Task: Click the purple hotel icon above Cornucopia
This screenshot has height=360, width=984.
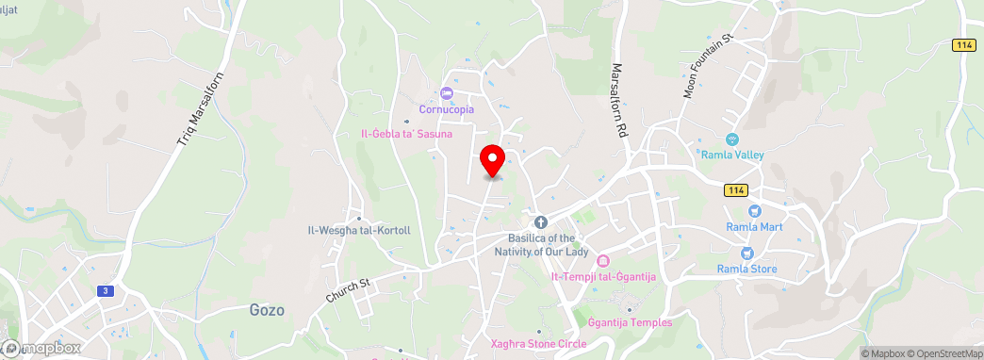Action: pyautogui.click(x=447, y=92)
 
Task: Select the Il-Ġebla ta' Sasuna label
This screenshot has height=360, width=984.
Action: pyautogui.click(x=407, y=134)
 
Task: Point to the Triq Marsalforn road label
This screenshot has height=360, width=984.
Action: pyautogui.click(x=198, y=109)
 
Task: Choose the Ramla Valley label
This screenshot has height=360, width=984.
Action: pyautogui.click(x=731, y=155)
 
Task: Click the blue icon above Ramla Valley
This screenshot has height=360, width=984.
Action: pyautogui.click(x=731, y=139)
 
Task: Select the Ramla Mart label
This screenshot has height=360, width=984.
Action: pyautogui.click(x=752, y=227)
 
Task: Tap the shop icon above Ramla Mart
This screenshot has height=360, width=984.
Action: pyautogui.click(x=752, y=211)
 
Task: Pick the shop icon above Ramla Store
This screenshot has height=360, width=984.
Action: pyautogui.click(x=746, y=253)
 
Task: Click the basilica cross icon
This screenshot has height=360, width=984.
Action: pyautogui.click(x=541, y=222)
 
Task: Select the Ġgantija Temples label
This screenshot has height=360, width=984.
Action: pyautogui.click(x=630, y=323)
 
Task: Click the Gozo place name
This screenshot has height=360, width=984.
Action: pyautogui.click(x=267, y=309)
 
